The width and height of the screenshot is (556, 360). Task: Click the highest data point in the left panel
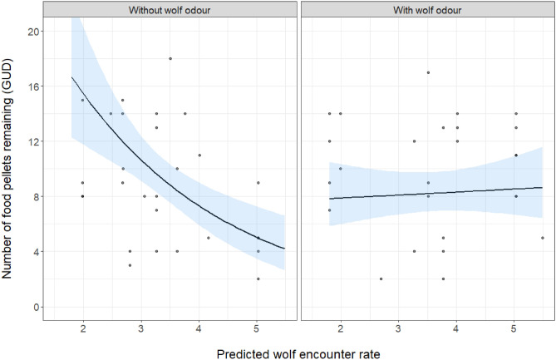click(x=170, y=58)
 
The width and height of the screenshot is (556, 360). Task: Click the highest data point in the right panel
click(x=428, y=72)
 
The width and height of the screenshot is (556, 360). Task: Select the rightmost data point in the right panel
click(x=543, y=238)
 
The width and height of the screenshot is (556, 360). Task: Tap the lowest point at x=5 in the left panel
click(x=258, y=279)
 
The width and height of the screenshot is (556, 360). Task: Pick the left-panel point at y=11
click(x=199, y=155)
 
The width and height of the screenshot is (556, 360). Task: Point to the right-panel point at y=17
click(x=428, y=72)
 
